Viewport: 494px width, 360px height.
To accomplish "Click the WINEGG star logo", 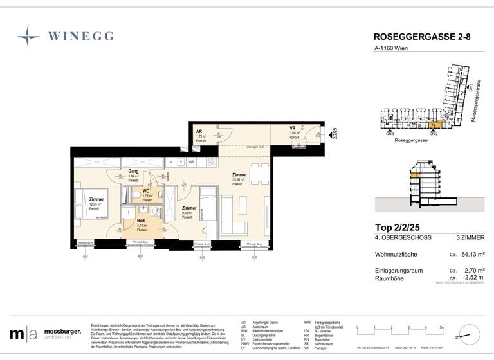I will pyautogui.click(x=28, y=35).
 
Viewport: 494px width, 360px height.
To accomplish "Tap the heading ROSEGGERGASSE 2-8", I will pyautogui.click(x=422, y=37).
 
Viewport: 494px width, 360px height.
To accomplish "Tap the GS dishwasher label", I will pyautogui.click(x=191, y=162).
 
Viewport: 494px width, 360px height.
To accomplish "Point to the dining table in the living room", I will pyautogui.click(x=259, y=173).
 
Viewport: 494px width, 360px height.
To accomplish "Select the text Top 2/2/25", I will pyautogui.click(x=399, y=227).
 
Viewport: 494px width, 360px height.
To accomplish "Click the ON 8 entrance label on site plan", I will pyautogui.click(x=390, y=133).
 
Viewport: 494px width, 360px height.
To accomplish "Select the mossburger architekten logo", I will pyautogui.click(x=45, y=334).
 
